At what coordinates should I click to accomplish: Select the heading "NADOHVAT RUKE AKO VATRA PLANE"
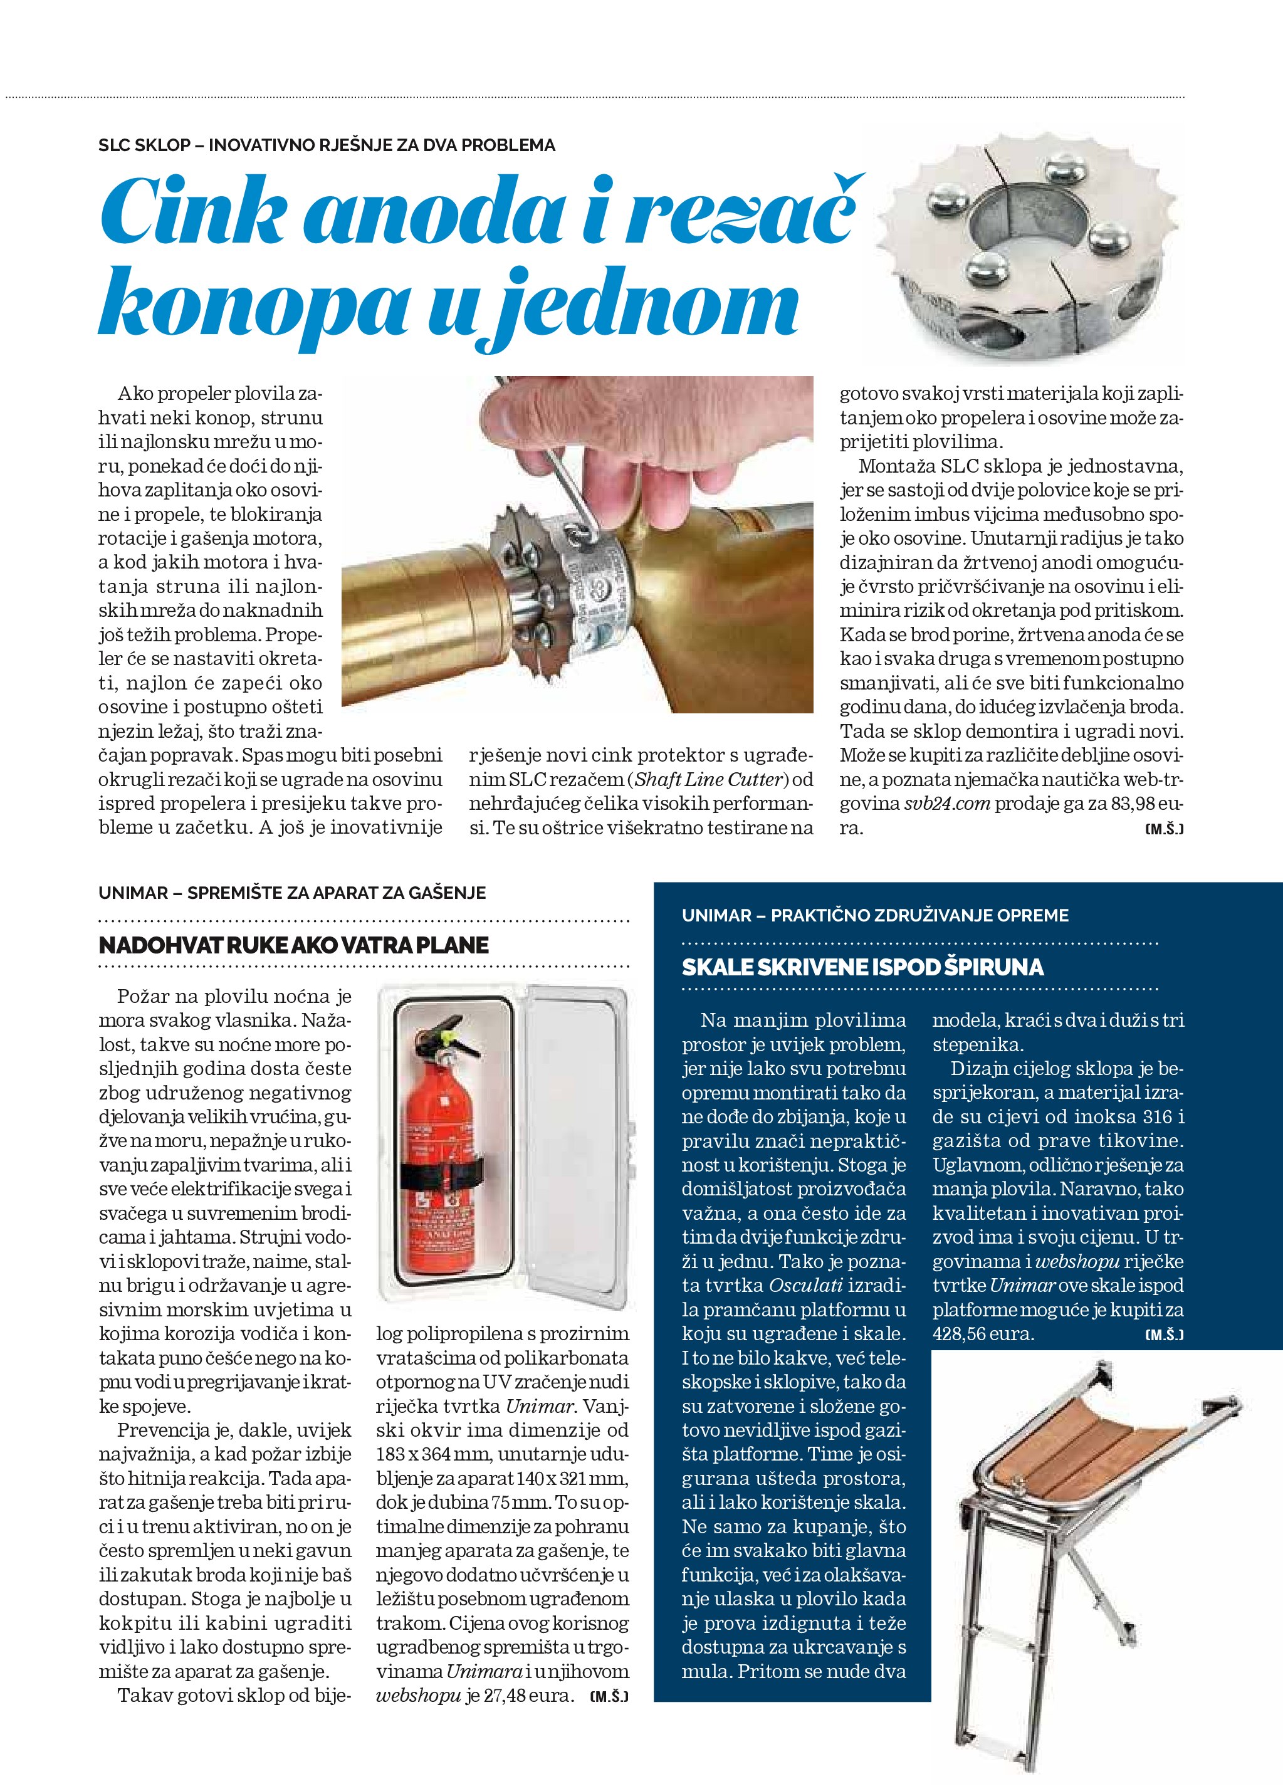293,945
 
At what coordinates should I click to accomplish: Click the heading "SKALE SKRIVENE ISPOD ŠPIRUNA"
862,967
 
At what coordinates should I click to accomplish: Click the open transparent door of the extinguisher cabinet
580,1144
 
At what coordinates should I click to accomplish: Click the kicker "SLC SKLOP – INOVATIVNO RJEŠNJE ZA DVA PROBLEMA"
327,145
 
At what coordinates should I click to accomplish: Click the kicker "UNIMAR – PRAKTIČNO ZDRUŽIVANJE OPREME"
876,916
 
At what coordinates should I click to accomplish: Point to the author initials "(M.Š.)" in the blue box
1164,1335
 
